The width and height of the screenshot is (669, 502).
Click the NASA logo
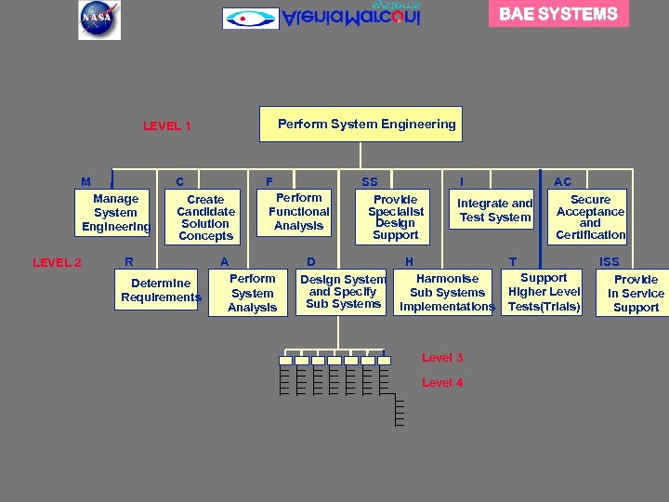98,20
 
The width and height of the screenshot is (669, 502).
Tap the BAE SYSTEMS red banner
558,14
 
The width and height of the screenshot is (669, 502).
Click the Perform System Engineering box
366,124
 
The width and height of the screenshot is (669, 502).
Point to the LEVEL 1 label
167,126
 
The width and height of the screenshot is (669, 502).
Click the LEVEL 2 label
57,262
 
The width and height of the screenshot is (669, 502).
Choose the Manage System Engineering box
115,213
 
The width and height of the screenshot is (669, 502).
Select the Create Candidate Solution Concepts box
205,218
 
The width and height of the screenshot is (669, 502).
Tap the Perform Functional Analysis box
298,212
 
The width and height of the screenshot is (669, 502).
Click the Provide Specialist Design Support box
396,218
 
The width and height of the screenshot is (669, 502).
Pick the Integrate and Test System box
494,211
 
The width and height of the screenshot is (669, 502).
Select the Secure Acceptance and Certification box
590,218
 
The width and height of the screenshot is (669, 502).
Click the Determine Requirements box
160,290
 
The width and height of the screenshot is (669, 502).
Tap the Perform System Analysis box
252,293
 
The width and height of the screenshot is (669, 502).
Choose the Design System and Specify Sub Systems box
343,291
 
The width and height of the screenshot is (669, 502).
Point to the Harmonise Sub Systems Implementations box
447,292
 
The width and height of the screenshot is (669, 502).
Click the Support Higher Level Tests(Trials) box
544,292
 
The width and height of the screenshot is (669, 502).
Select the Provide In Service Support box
636,294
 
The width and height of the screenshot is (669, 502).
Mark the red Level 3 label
442,358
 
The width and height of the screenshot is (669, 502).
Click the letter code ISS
610,262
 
